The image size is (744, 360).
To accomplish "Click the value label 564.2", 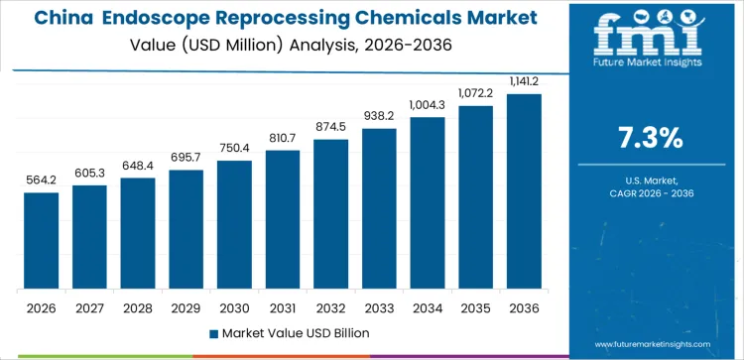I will coord(41,180).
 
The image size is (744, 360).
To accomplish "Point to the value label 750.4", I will coord(234,148).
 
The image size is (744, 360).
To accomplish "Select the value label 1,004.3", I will coord(428,105).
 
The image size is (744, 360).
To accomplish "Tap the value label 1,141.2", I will coord(524,81).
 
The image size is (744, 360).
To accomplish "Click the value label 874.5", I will coord(330,127).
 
